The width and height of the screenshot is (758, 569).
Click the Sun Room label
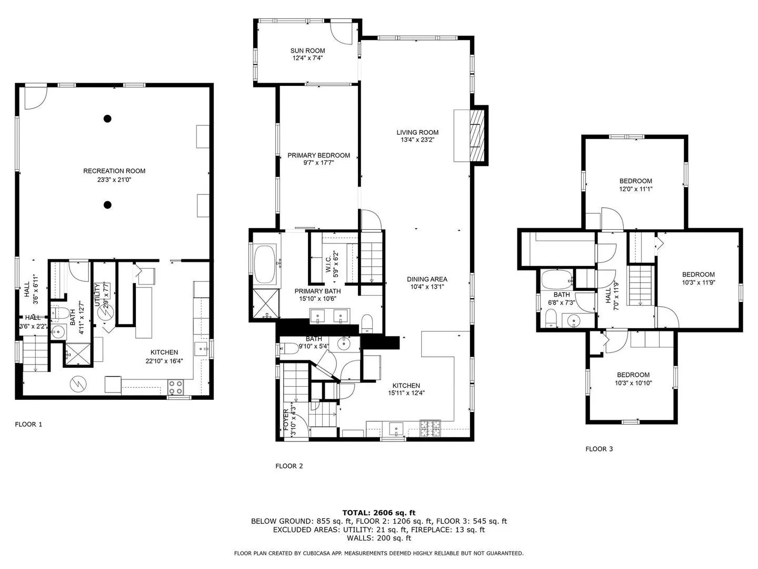point(307,51)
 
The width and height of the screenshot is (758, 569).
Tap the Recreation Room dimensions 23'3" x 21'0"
point(114,180)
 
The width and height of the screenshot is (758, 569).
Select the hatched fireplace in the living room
point(477,135)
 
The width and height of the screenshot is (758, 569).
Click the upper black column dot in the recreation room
point(107,119)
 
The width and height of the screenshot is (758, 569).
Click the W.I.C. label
point(328,263)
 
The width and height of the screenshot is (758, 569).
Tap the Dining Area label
point(427,279)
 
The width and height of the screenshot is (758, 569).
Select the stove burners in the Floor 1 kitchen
point(175,387)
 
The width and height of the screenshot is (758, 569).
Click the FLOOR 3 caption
point(599,449)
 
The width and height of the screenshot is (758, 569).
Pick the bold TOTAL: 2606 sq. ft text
point(379,513)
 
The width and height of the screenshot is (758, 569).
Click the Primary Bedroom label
point(318,155)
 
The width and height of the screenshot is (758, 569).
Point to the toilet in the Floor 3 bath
point(551,318)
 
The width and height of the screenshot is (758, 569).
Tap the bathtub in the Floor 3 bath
point(556,279)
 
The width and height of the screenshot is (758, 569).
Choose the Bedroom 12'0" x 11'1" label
point(635,181)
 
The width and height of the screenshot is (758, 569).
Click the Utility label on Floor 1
point(97,295)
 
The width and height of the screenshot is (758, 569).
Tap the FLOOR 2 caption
point(289,466)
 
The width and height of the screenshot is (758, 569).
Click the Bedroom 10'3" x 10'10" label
point(633,375)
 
